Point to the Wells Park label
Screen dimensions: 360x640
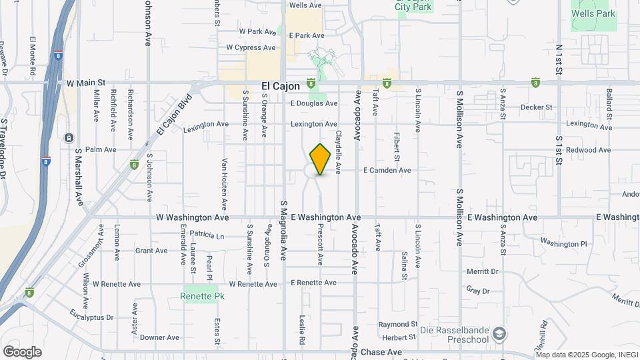pos(591,13)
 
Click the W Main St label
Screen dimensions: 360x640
pos(87,83)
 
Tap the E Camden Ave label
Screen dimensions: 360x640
pos(387,171)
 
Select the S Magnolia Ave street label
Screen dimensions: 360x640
pos(284,230)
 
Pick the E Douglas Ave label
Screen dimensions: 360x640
pos(314,103)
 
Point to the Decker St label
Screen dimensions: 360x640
pos(537,107)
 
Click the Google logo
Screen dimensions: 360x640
pos(22,352)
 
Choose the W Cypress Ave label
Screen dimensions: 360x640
pos(251,48)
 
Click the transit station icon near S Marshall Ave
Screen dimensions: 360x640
pos(69,137)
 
